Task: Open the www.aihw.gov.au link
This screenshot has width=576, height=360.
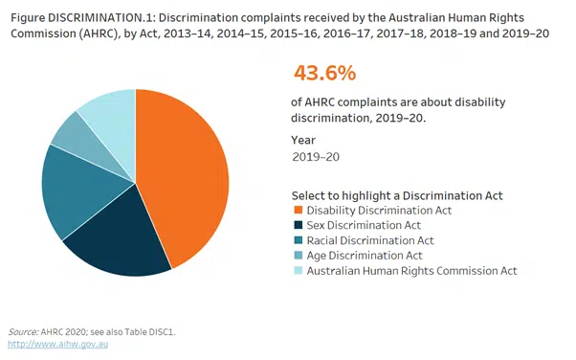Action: (x=57, y=343)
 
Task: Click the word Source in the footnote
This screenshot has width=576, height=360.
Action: (x=24, y=331)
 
